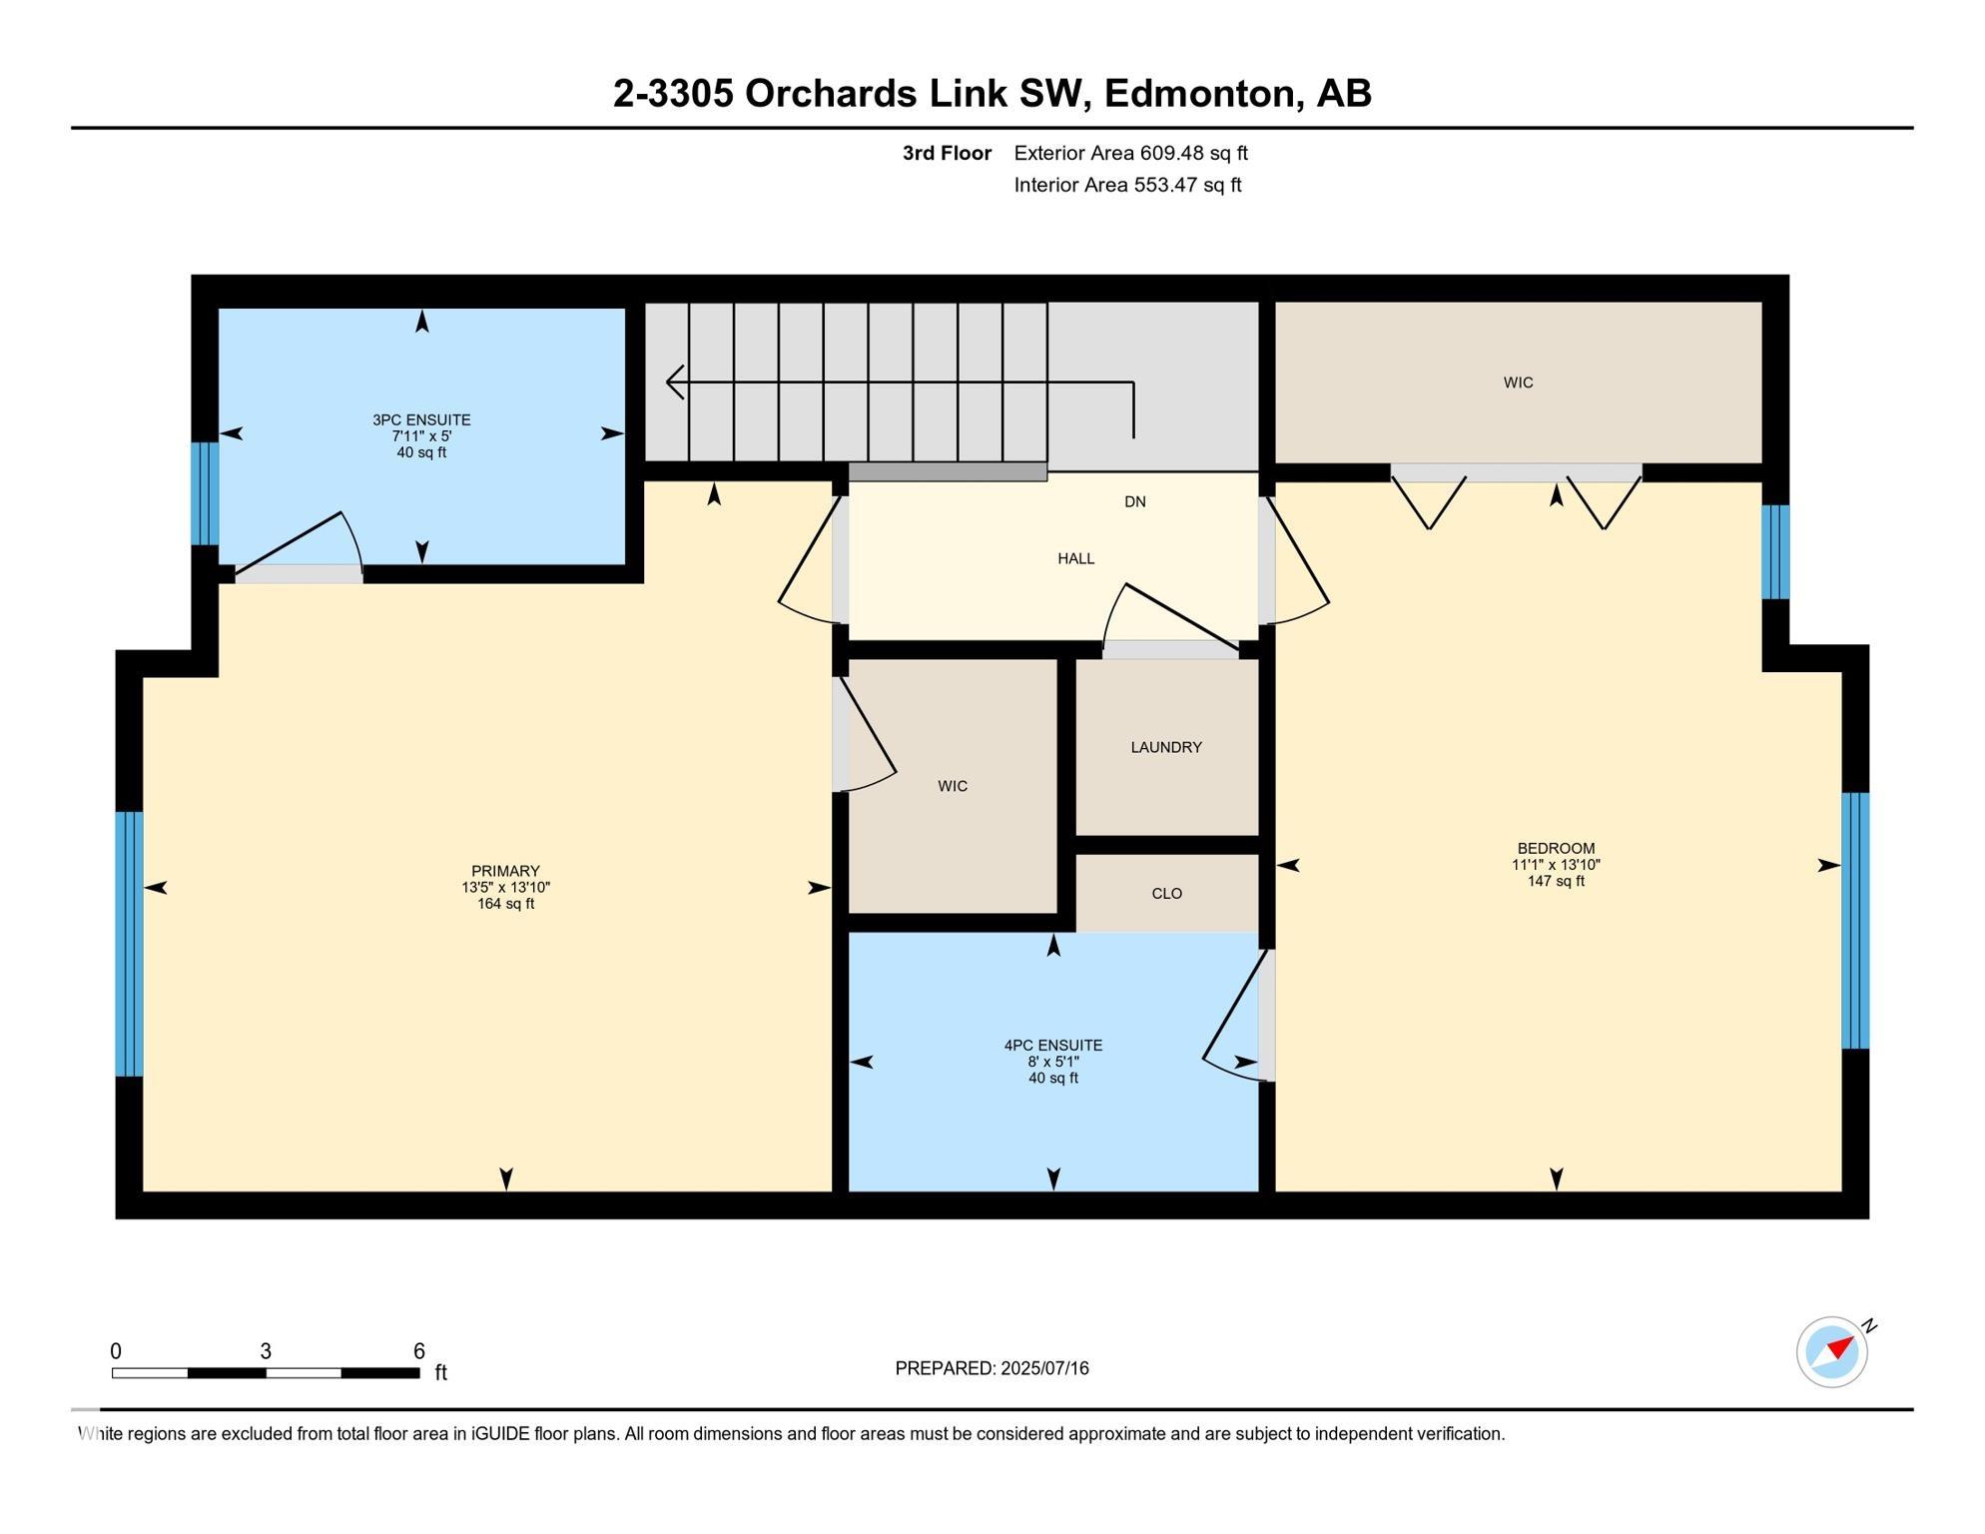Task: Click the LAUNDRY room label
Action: (1165, 747)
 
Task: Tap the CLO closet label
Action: (1166, 894)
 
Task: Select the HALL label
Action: (1075, 558)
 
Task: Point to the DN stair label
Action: (1134, 501)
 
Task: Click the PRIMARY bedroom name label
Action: (505, 871)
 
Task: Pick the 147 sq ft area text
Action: (1555, 881)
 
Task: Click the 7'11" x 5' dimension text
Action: (421, 436)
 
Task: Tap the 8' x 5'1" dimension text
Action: (1052, 1062)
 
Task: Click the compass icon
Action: (1833, 1351)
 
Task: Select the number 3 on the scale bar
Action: (266, 1351)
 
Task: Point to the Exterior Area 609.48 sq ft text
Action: (1130, 153)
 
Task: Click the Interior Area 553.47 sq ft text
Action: (1127, 185)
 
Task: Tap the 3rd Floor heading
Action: (947, 153)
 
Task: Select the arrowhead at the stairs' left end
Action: (675, 382)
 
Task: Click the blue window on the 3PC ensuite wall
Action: (205, 493)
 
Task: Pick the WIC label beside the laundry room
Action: (953, 786)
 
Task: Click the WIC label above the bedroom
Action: (1518, 383)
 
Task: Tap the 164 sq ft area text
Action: (505, 904)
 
